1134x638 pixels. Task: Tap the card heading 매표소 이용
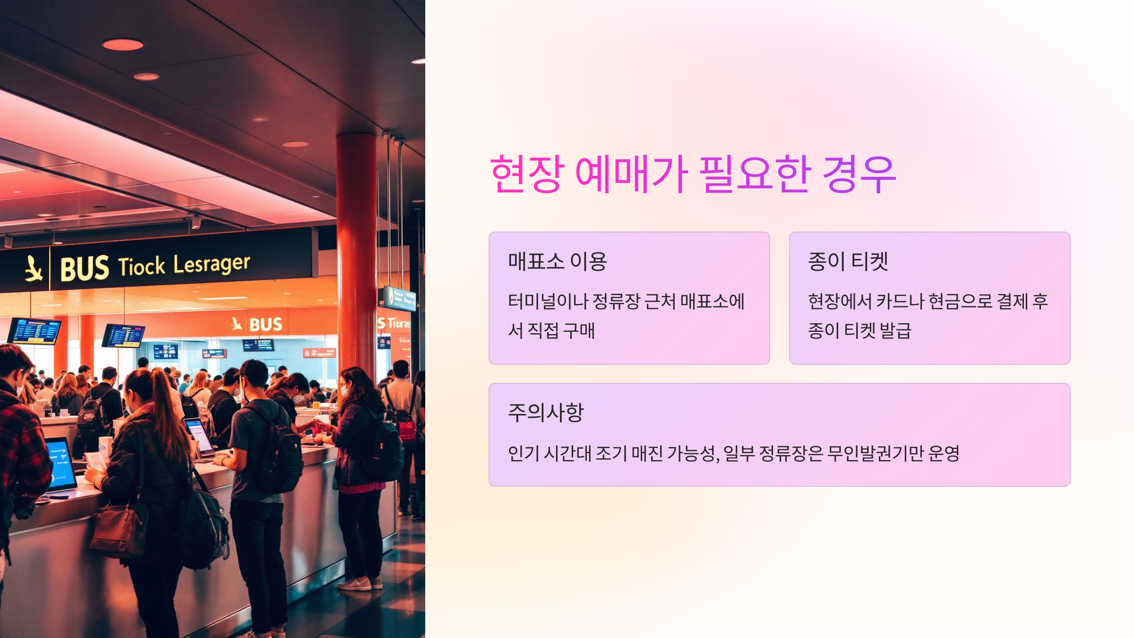coord(557,261)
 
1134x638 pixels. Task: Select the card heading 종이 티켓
coord(848,261)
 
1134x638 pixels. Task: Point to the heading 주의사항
coord(546,413)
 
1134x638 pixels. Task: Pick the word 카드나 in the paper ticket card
coord(900,302)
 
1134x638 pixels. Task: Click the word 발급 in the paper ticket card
coord(895,331)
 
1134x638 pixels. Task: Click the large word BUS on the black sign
coord(85,269)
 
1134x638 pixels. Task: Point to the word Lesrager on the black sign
coord(211,264)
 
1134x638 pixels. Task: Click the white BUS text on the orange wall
coord(266,325)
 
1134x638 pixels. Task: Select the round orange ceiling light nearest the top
coord(122,45)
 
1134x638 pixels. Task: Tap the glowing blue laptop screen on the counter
coord(60,463)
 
